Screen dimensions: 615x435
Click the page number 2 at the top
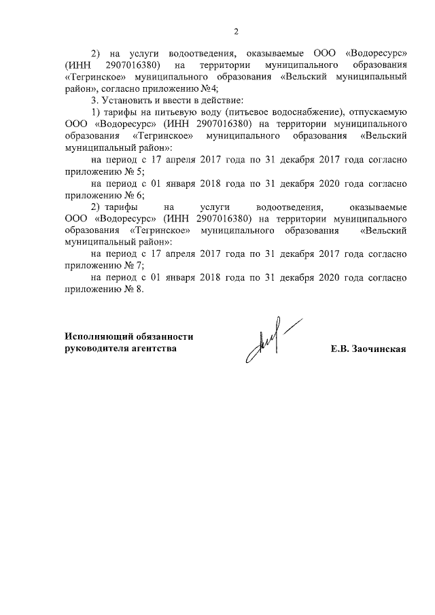coord(236,31)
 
